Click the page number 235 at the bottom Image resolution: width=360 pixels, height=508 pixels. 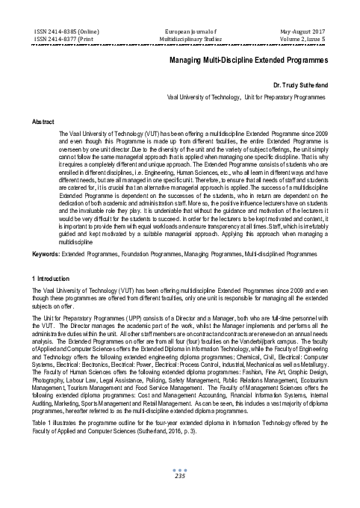tap(179, 497)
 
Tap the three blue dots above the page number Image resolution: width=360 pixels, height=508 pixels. tap(179, 489)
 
